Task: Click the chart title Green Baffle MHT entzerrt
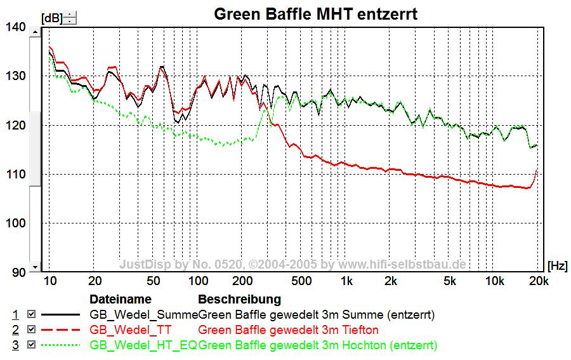[315, 14]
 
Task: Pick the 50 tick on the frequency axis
[154, 281]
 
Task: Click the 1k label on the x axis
[346, 281]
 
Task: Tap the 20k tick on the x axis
[539, 281]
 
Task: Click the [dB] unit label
[51, 18]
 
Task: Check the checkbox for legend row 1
[32, 314]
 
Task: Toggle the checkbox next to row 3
[32, 345]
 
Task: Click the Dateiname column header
[121, 299]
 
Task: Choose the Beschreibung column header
[239, 299]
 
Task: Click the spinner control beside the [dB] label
[70, 18]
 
